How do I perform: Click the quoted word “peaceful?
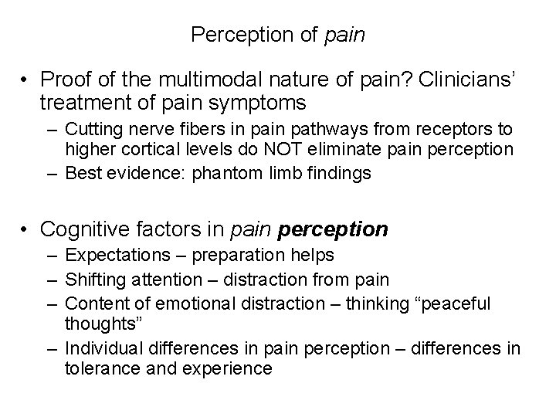tap(454, 303)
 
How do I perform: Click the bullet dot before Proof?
tap(25, 80)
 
